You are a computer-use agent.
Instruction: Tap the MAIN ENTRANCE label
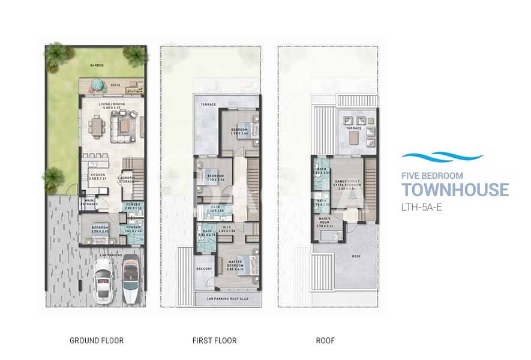click(x=91, y=202)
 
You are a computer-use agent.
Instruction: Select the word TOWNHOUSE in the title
click(x=455, y=190)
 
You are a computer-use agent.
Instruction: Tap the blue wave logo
click(x=442, y=157)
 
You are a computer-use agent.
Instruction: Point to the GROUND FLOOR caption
click(x=97, y=341)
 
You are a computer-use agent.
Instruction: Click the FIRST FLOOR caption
click(x=214, y=341)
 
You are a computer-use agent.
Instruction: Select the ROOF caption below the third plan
click(x=326, y=341)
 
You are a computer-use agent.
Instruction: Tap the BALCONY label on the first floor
click(x=204, y=269)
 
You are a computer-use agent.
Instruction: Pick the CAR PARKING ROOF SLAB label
click(x=227, y=298)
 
